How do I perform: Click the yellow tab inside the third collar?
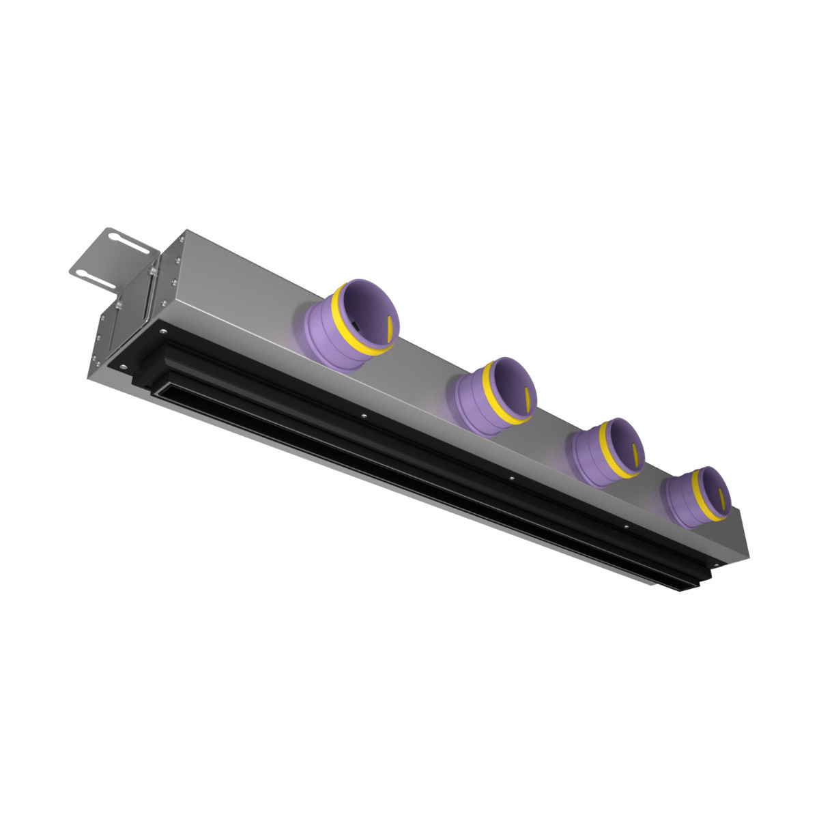point(635,451)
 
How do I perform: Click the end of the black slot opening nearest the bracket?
point(161,392)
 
